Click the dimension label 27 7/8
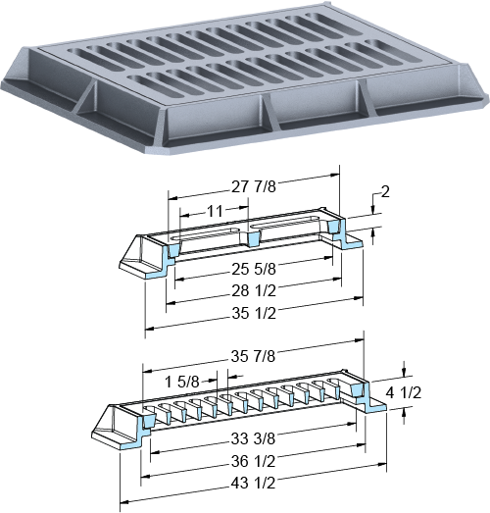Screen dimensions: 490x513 click(254, 186)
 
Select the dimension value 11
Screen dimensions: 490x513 click(215, 211)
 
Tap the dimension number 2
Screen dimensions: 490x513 click(385, 192)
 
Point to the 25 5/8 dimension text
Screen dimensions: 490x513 click(254, 269)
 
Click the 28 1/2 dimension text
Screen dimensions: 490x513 click(254, 290)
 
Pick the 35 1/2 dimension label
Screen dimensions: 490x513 click(254, 313)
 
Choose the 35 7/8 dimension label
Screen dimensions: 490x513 click(253, 356)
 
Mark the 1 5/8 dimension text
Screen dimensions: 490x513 click(182, 382)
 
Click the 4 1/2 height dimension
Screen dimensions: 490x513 click(404, 392)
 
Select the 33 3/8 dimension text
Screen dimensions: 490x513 click(253, 438)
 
